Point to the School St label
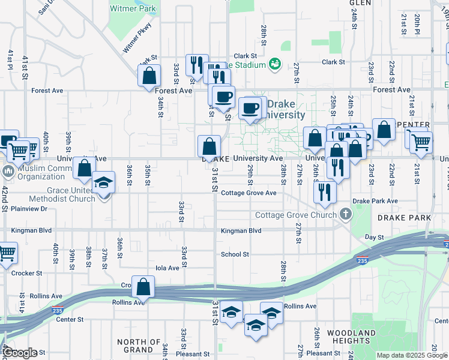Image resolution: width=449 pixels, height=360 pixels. click(235, 254)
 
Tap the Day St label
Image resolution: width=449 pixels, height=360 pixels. click(374, 238)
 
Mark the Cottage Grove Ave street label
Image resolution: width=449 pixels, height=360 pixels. click(249, 193)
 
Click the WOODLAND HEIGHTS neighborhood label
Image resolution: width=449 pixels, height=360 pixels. click(351, 336)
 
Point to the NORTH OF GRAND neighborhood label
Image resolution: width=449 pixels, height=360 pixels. click(139, 346)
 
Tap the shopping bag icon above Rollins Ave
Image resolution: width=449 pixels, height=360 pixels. click(143, 287)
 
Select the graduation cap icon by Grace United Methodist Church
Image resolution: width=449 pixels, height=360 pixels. click(104, 182)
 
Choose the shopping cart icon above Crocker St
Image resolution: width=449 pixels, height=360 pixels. click(6, 252)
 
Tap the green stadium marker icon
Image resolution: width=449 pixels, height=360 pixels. click(276, 63)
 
